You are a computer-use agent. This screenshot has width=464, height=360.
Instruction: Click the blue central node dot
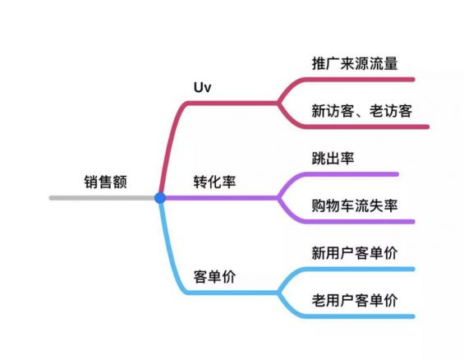pyautogui.click(x=160, y=198)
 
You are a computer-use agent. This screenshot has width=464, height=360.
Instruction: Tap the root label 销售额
pyautogui.click(x=106, y=182)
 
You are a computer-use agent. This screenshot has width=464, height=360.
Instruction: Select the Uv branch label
pyautogui.click(x=202, y=87)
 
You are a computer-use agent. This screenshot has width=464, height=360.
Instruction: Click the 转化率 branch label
pyautogui.click(x=215, y=182)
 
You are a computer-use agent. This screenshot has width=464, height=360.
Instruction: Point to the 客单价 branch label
pyautogui.click(x=215, y=277)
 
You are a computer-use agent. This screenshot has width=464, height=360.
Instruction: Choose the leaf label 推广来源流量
pyautogui.click(x=355, y=63)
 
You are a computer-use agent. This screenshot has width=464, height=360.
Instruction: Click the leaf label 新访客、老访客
pyautogui.click(x=362, y=111)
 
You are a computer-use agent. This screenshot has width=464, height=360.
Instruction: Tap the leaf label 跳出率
pyautogui.click(x=333, y=158)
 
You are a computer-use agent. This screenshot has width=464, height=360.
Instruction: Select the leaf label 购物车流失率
pyautogui.click(x=355, y=205)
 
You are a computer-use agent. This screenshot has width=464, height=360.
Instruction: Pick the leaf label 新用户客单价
pyautogui.click(x=355, y=253)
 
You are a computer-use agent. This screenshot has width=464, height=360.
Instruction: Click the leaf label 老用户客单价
pyautogui.click(x=355, y=300)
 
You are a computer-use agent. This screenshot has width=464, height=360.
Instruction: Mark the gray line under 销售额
pyautogui.click(x=102, y=198)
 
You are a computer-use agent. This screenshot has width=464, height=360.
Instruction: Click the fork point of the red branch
pyautogui.click(x=278, y=103)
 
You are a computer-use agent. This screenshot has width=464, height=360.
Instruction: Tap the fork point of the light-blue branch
pyautogui.click(x=278, y=293)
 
